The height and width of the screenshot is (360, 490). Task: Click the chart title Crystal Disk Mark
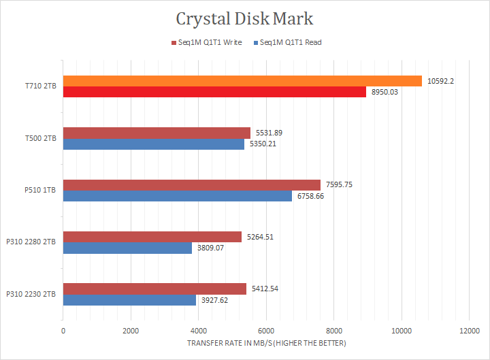244,18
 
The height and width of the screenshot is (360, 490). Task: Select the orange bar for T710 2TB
242,81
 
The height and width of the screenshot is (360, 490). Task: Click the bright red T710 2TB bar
214,92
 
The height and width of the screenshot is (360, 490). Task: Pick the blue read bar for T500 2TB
153,144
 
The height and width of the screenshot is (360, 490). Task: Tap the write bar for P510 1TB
191,185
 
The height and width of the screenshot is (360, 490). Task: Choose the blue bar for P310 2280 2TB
127,248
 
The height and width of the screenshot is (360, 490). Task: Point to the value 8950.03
385,92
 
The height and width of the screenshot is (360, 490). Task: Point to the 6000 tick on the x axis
265,331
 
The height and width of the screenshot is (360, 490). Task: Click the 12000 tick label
468,331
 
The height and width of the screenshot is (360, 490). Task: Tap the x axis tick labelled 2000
131,331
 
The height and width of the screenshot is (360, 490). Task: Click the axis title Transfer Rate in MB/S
266,343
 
